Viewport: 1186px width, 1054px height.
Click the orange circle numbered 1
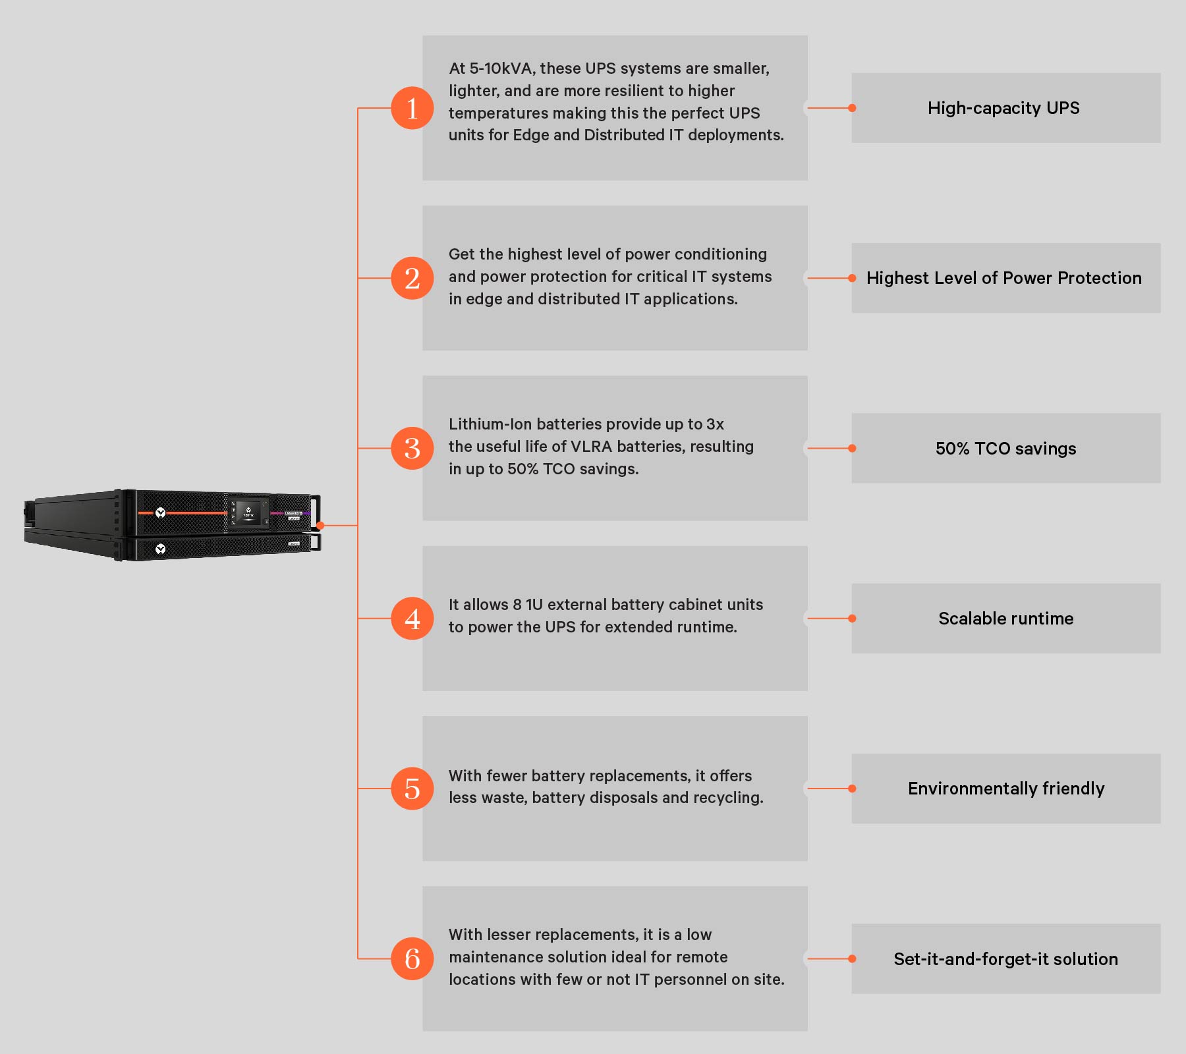coord(412,108)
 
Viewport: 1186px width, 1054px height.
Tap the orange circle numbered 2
coord(412,278)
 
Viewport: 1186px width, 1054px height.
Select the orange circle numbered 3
coord(412,448)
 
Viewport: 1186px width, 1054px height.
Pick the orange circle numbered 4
coord(412,619)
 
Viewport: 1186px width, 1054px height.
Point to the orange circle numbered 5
coord(412,789)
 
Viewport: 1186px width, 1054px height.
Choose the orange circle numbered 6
coord(412,958)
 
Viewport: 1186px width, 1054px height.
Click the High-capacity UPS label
coord(1003,108)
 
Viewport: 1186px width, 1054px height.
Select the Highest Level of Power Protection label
coord(1003,278)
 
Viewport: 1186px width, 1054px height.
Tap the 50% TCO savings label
coord(1005,449)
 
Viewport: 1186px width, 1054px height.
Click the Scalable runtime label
coord(1005,619)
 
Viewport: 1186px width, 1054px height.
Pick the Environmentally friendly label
coord(1006,789)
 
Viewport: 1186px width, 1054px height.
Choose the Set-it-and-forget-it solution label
coord(1005,959)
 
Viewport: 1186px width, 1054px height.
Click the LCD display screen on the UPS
coord(248,512)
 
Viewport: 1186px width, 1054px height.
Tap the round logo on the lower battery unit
coord(160,549)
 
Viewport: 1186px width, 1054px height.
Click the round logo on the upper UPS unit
coord(160,513)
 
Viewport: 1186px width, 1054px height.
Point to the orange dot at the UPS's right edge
coord(320,525)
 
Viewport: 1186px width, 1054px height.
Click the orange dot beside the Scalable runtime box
coord(852,619)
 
